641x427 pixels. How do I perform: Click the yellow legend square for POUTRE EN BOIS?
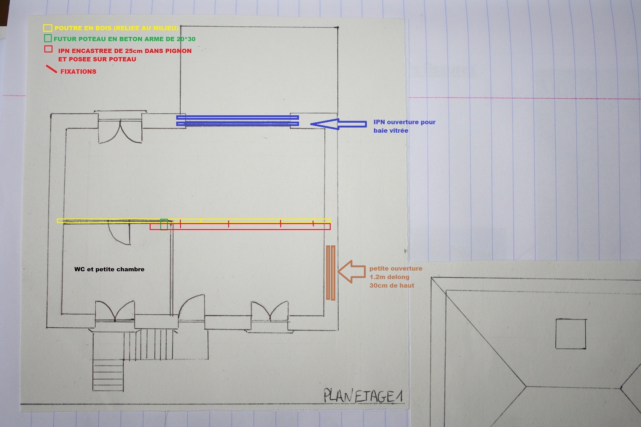pyautogui.click(x=47, y=28)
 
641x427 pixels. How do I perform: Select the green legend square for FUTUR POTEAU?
pyautogui.click(x=47, y=38)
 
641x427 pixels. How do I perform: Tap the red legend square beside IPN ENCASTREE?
pyautogui.click(x=48, y=49)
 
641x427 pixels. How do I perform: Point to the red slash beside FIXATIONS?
pyautogui.click(x=51, y=69)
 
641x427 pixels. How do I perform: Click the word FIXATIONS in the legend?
pyautogui.click(x=78, y=72)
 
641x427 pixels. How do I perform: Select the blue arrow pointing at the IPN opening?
pyautogui.click(x=338, y=124)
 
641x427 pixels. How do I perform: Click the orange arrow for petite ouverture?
pyautogui.click(x=351, y=272)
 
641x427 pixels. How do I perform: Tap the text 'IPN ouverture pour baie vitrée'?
pyautogui.click(x=404, y=126)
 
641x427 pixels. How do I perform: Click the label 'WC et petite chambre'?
pyautogui.click(x=109, y=269)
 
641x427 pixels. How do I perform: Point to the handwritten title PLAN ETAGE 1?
pyautogui.click(x=363, y=396)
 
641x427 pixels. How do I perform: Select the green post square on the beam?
pyautogui.click(x=164, y=224)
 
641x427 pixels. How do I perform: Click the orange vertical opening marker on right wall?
pyautogui.click(x=331, y=272)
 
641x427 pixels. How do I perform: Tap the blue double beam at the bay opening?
pyautogui.click(x=237, y=121)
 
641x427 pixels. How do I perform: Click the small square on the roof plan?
pyautogui.click(x=571, y=334)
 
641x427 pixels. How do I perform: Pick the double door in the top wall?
pyautogui.click(x=120, y=132)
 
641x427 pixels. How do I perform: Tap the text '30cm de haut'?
pyautogui.click(x=392, y=285)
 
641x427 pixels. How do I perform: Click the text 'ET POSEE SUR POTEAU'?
pyautogui.click(x=97, y=59)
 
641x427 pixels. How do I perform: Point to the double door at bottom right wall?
pyautogui.click(x=270, y=311)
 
